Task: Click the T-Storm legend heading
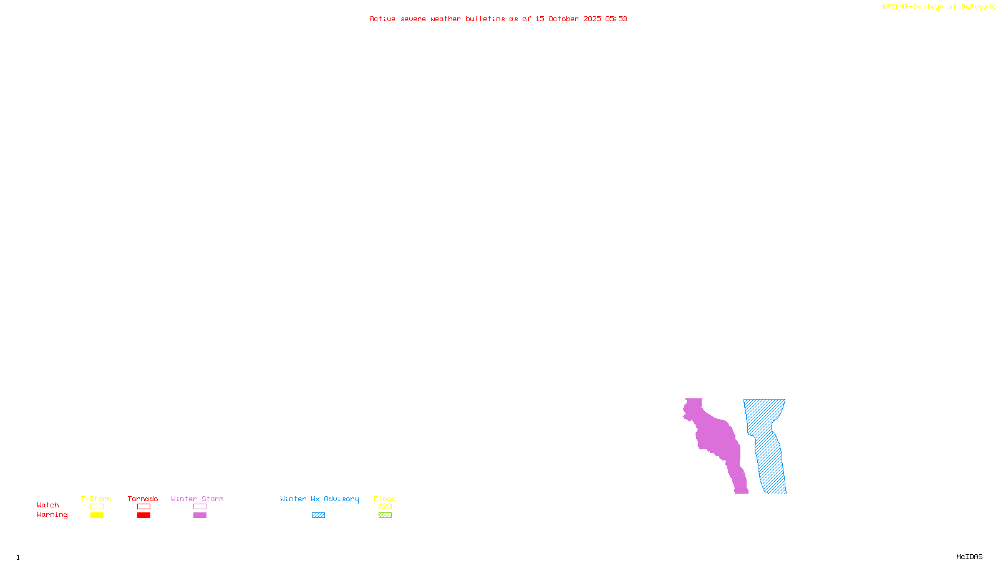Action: tap(96, 499)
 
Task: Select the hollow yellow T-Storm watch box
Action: tap(97, 507)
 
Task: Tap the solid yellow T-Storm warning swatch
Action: tap(97, 515)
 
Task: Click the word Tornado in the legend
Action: tap(143, 499)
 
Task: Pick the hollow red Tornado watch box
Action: tap(143, 507)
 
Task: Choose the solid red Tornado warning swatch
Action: tap(143, 515)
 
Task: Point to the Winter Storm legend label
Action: tap(197, 499)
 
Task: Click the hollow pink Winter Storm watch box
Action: tap(200, 507)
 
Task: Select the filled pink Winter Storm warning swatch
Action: tap(200, 515)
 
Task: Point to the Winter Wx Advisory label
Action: tap(319, 499)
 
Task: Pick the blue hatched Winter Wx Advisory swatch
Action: tap(318, 515)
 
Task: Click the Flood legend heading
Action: tap(385, 499)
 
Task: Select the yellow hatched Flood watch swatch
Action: tap(385, 507)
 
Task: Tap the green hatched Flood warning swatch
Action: tap(385, 515)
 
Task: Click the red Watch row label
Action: tap(48, 505)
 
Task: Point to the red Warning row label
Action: tap(52, 515)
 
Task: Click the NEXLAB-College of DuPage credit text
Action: tap(935, 7)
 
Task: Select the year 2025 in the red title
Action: tap(593, 19)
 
